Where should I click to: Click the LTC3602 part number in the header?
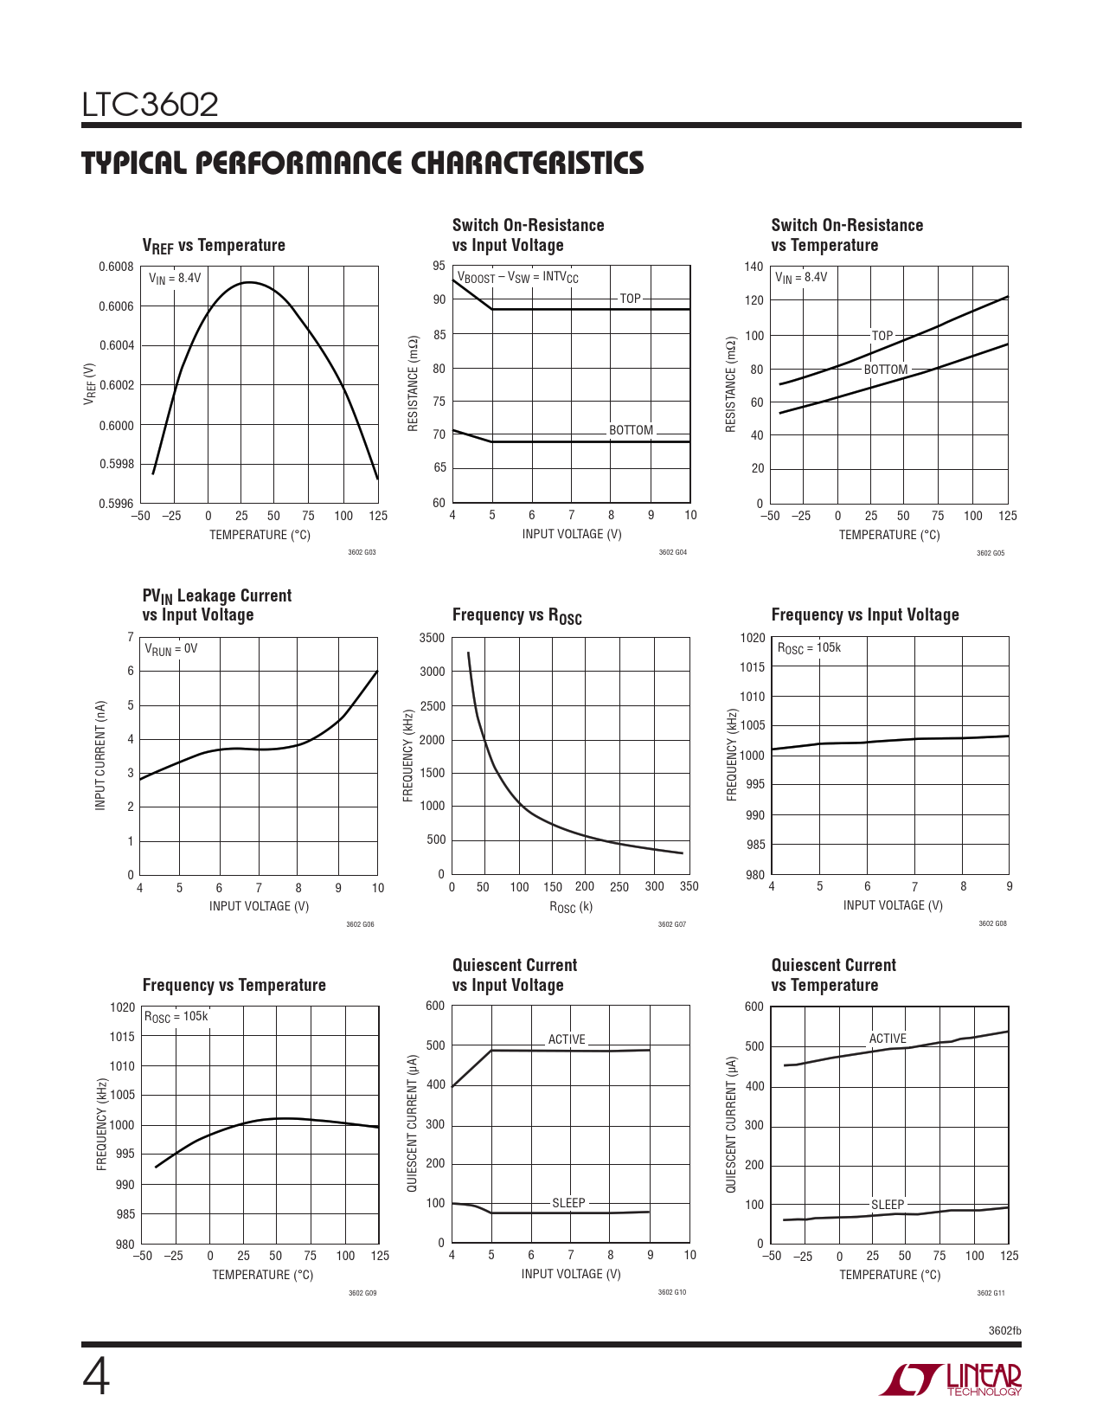(151, 105)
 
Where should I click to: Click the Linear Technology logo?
(951, 1380)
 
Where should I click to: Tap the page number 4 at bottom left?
(96, 1377)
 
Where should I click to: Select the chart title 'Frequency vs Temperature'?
(234, 985)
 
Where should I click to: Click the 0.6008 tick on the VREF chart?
(116, 267)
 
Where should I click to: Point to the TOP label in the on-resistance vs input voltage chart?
(630, 299)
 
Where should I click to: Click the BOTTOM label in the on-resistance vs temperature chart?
(886, 370)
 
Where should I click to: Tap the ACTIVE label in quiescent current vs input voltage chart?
(567, 1039)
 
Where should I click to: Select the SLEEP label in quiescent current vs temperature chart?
(888, 1205)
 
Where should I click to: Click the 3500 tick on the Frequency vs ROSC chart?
(432, 638)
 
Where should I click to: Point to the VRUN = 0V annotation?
(170, 648)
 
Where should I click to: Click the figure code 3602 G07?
(671, 924)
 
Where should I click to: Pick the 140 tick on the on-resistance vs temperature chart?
(754, 267)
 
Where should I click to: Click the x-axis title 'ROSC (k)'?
(571, 907)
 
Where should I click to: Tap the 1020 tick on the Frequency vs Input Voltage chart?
(753, 638)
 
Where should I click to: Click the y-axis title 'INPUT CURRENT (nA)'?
(100, 756)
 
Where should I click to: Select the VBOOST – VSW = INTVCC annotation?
(517, 278)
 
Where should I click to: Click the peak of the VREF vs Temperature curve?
(248, 282)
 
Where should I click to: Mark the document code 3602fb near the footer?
(1004, 1330)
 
